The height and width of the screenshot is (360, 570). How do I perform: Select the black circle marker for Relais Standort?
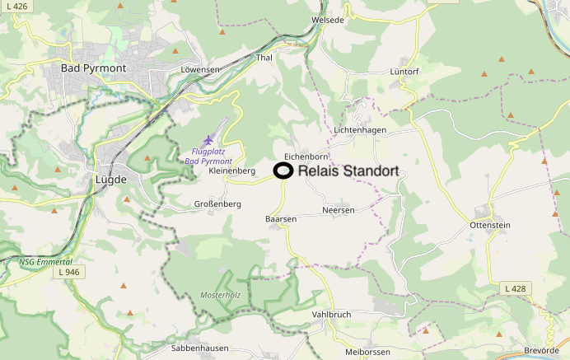pyautogui.click(x=283, y=171)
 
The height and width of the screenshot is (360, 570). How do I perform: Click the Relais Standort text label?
pyautogui.click(x=348, y=171)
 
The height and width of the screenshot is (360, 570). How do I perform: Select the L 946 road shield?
pyautogui.click(x=70, y=271)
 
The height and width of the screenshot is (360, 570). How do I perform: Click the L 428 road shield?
pyautogui.click(x=515, y=288)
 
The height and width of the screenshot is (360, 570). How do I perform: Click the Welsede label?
pyautogui.click(x=327, y=19)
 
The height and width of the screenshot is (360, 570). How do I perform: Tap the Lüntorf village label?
pyautogui.click(x=404, y=72)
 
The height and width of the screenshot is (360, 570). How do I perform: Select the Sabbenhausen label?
pyautogui.click(x=199, y=348)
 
